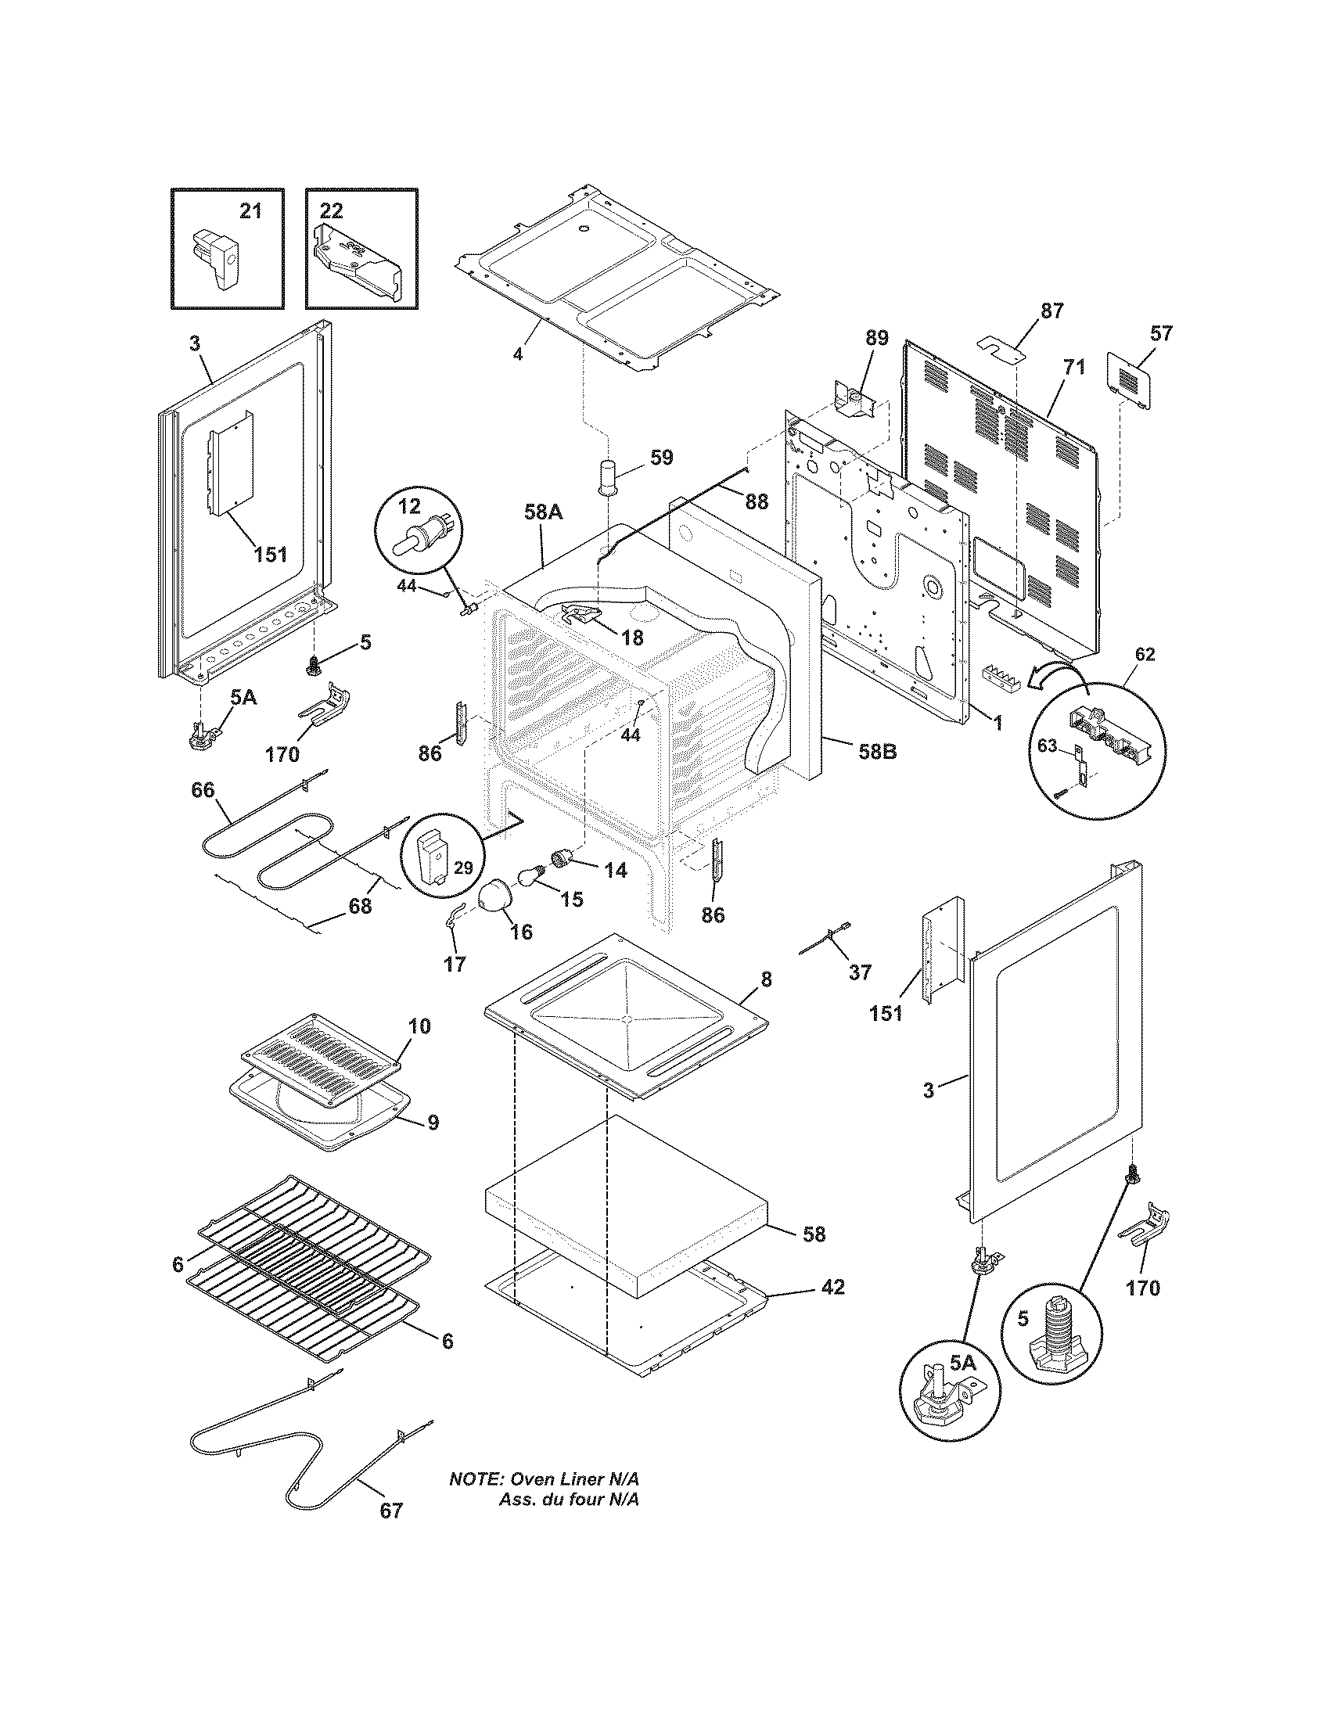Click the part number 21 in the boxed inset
[x=250, y=211]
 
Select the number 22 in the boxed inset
[x=332, y=211]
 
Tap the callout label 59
[x=661, y=458]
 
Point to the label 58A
[x=544, y=512]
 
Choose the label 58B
[x=878, y=751]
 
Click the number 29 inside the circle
[x=463, y=868]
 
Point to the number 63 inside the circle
[x=1046, y=746]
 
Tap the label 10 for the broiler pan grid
[x=419, y=1026]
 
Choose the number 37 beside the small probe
[x=861, y=972]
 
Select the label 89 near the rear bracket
[x=876, y=338]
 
